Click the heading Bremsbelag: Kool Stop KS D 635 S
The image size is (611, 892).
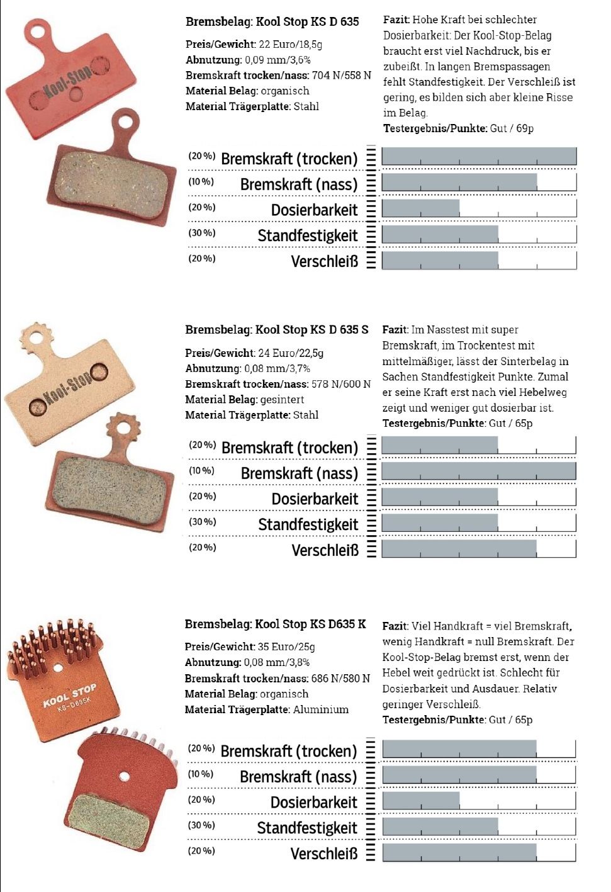276,329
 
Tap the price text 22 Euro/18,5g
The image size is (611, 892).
290,44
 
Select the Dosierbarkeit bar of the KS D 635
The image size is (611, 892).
420,208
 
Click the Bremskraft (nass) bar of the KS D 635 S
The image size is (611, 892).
478,471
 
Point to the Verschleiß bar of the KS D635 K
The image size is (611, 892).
459,852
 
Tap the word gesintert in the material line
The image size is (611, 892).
283,399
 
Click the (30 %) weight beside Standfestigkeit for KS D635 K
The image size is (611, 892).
201,825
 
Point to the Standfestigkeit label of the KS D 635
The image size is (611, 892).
308,236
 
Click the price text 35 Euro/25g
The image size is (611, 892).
286,646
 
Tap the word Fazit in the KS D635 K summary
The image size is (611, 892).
395,626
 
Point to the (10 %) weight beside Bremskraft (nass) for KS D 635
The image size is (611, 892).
201,182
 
